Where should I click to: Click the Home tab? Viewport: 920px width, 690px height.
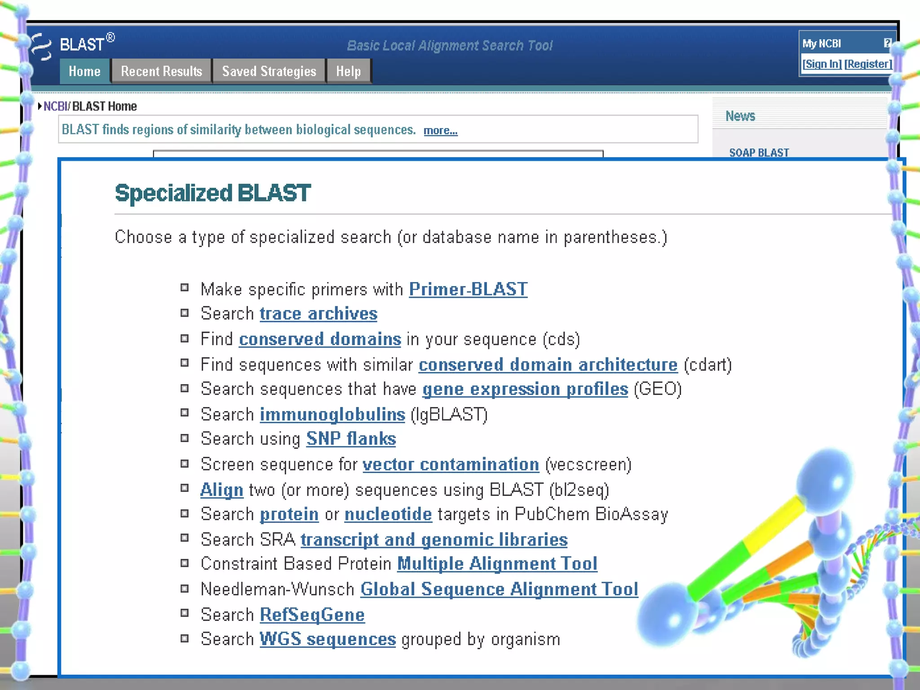(x=84, y=71)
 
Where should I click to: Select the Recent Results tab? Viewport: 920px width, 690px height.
(x=161, y=71)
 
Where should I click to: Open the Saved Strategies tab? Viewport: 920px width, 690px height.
(x=269, y=71)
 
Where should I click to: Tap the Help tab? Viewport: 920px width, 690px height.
(x=349, y=71)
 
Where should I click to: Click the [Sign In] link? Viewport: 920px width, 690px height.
(x=822, y=64)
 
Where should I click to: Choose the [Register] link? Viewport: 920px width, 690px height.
(x=868, y=64)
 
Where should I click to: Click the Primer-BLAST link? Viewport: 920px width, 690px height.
(x=468, y=289)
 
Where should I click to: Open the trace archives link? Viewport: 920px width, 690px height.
(x=318, y=314)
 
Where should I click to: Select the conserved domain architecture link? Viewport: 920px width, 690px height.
(x=548, y=365)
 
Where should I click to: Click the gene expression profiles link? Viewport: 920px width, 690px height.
(x=525, y=389)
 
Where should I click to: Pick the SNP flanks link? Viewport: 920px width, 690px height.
(x=351, y=439)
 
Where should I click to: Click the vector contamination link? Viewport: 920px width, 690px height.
(x=451, y=464)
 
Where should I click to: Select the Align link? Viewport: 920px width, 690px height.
(x=222, y=490)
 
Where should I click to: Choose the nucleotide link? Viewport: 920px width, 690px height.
(x=388, y=514)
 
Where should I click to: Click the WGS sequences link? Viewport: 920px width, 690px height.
(x=328, y=639)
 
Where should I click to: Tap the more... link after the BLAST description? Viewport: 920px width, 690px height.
(x=440, y=131)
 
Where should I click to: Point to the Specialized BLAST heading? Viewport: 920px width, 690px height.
(x=212, y=193)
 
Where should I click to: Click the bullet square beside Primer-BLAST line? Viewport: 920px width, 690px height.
(x=185, y=287)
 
